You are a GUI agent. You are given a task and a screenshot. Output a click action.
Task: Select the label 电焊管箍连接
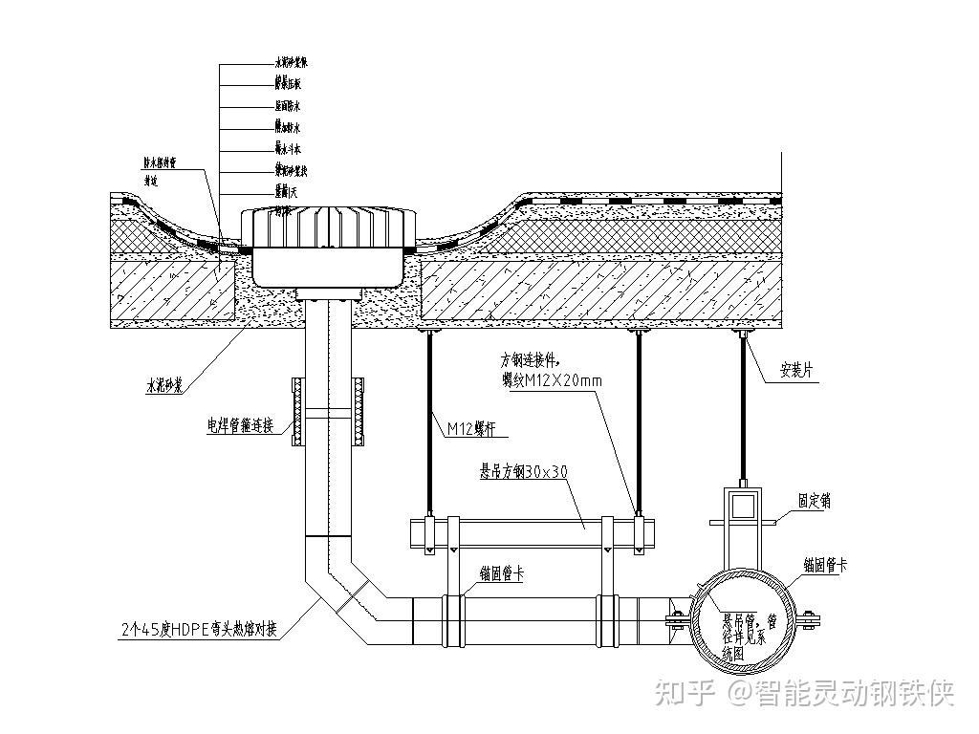[x=240, y=425]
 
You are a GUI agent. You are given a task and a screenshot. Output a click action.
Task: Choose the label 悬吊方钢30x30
[x=523, y=471]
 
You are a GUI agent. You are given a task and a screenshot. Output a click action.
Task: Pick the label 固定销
[x=816, y=499]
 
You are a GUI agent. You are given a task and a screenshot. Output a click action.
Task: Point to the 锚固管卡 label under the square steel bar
[x=501, y=573]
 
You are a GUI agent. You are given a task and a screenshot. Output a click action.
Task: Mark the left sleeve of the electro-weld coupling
[x=296, y=413]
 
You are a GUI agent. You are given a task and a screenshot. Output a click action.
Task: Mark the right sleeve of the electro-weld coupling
[x=359, y=413]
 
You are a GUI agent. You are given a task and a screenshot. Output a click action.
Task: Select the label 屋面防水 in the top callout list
[x=287, y=107]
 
